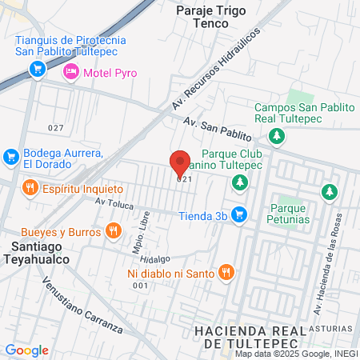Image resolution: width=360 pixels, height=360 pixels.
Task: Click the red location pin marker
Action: pyautogui.click(x=180, y=162)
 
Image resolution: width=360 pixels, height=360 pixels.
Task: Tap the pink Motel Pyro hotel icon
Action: pyautogui.click(x=71, y=73)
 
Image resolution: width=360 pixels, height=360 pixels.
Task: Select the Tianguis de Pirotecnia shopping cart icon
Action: pyautogui.click(x=37, y=70)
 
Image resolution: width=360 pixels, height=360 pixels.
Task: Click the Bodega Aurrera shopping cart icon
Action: pyautogui.click(x=11, y=156)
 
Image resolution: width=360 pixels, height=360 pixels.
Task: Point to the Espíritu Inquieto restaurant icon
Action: pyautogui.click(x=30, y=189)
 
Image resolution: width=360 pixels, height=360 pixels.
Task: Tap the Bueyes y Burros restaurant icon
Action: pyautogui.click(x=114, y=231)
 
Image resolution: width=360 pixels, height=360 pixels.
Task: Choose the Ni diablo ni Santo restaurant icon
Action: pyautogui.click(x=226, y=273)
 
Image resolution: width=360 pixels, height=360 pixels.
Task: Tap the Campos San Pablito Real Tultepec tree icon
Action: pyautogui.click(x=277, y=136)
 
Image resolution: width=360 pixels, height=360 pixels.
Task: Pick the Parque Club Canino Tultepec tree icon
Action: pyautogui.click(x=239, y=184)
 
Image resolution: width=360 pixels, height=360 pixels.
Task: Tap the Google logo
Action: pyautogui.click(x=26, y=350)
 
